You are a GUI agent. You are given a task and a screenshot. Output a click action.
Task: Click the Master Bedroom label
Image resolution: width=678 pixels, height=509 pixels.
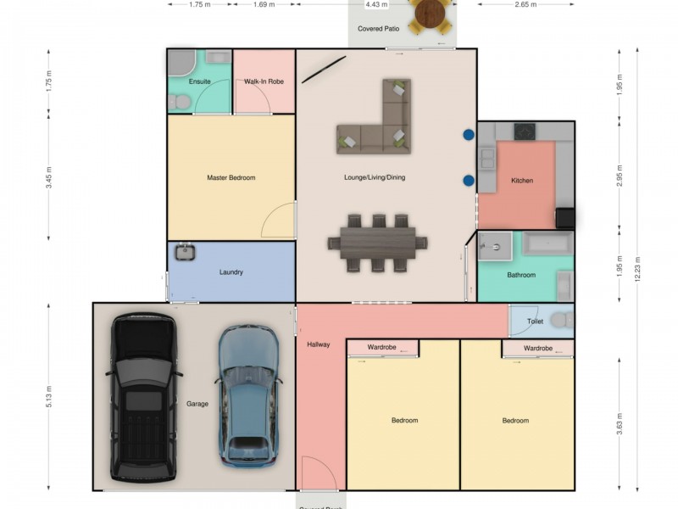231,178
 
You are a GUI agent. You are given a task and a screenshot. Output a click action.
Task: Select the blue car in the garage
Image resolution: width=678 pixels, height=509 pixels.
248,395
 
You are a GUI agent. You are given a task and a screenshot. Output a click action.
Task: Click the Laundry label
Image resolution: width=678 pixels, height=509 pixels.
231,272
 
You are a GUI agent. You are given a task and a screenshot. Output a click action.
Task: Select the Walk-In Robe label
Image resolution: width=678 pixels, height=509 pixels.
264,81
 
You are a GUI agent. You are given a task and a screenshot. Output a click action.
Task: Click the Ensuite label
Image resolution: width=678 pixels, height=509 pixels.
199,81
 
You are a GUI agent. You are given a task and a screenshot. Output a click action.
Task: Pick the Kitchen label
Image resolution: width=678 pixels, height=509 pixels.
522,181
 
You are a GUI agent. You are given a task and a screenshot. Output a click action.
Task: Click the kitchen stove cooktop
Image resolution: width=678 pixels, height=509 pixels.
525,131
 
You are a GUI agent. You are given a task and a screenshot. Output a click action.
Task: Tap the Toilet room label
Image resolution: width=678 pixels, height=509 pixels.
535,322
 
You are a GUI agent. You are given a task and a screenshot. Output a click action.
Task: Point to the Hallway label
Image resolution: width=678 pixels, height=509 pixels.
319,344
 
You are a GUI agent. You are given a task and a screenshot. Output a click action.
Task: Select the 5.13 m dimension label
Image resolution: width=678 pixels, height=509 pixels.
50,395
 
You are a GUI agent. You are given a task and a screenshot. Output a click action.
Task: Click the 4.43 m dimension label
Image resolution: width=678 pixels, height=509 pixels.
376,4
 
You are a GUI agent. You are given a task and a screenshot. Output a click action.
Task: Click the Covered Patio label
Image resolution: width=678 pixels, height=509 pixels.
378,29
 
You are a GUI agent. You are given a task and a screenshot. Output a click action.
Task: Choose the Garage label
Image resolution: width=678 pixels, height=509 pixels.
197,404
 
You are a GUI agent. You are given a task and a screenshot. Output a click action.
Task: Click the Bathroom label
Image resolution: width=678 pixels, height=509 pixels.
521,275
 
